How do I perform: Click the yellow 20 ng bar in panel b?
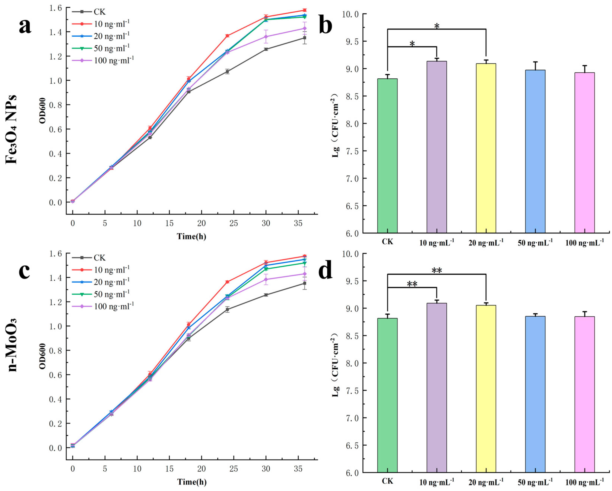click(x=486, y=148)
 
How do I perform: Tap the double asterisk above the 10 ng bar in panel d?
click(x=412, y=284)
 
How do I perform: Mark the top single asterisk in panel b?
click(x=437, y=26)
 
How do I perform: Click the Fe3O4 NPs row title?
click(x=11, y=129)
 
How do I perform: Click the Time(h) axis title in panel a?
click(x=192, y=236)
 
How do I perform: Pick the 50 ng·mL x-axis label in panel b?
click(x=535, y=243)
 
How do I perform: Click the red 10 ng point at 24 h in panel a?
click(x=227, y=36)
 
